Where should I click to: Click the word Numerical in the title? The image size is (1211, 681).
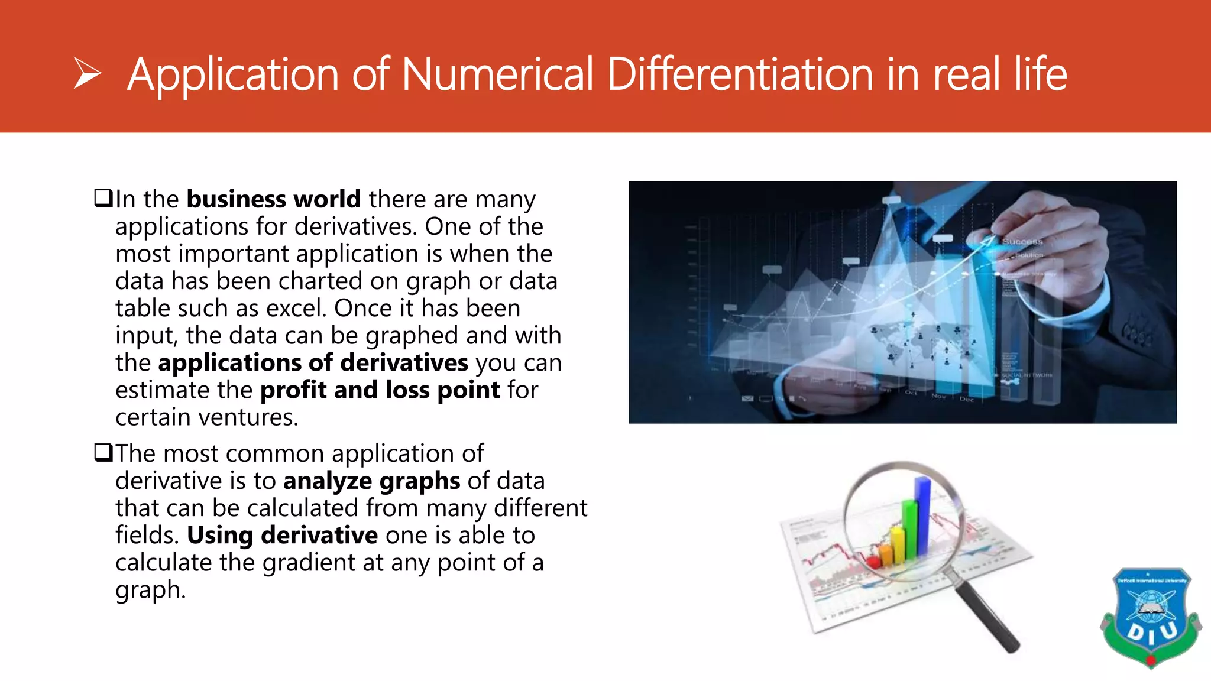point(497,74)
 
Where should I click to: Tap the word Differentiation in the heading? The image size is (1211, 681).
point(740,74)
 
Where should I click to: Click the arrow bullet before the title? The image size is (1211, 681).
point(88,74)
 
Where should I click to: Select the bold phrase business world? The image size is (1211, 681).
point(273,199)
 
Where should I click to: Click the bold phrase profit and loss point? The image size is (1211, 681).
point(380,390)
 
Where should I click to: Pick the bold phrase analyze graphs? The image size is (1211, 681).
point(371,481)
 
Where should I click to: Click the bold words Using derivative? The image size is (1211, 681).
point(282,536)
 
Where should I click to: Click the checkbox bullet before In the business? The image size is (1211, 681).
point(103,198)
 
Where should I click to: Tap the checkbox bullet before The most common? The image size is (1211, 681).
point(103,453)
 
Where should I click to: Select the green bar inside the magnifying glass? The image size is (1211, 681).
point(909,529)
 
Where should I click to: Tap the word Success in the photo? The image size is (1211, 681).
point(1022,241)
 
